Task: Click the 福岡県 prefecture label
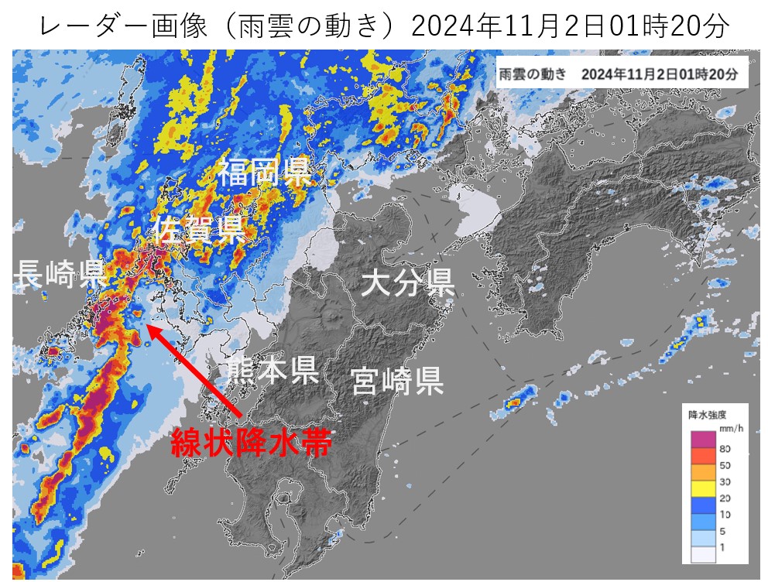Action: click(x=263, y=172)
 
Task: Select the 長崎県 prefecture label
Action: click(x=61, y=273)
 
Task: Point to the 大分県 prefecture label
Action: click(x=408, y=284)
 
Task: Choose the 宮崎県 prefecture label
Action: click(x=396, y=380)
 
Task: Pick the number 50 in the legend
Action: click(x=725, y=465)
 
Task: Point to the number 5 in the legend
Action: click(x=723, y=531)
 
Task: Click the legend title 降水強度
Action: click(x=707, y=414)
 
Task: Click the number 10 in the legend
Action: click(x=725, y=514)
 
